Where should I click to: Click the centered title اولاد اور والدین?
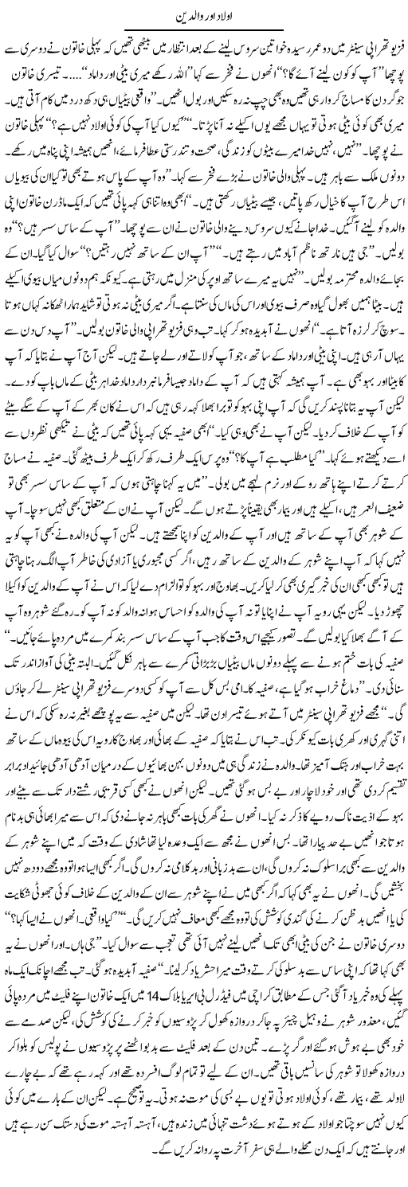coord(203,16)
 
